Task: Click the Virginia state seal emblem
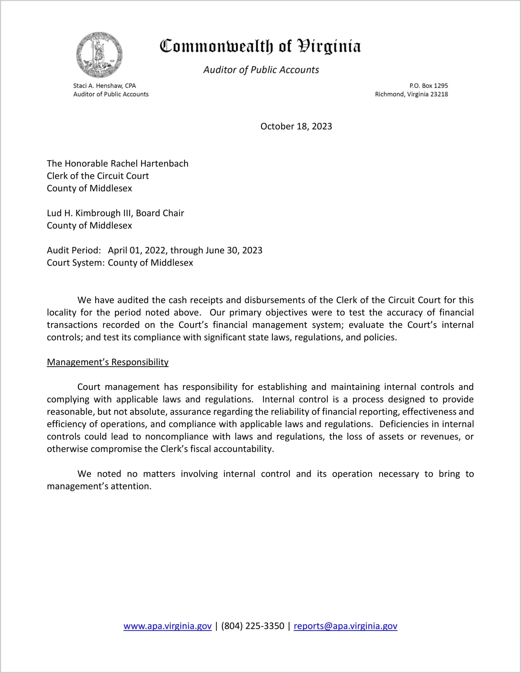coord(99,55)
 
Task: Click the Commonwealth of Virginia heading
coord(260,46)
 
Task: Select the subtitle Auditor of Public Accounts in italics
coord(261,70)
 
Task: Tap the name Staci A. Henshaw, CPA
coord(104,86)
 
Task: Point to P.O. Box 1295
coord(429,86)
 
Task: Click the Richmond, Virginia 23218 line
coord(411,94)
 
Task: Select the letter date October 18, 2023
coord(296,126)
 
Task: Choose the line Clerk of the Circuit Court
coord(98,176)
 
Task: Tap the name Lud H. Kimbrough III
coord(90,213)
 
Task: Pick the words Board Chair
coord(160,213)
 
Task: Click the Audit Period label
coord(74,251)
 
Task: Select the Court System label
coord(76,263)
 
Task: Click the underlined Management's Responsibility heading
coord(107,362)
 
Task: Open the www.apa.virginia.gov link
coord(167,626)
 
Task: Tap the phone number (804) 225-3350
coord(252,626)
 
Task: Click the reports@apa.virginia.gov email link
coord(345,626)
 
